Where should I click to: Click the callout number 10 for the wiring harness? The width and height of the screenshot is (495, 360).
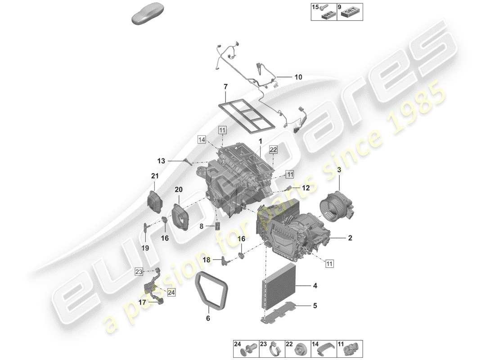coord(298,77)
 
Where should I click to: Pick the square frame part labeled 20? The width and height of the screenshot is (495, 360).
coord(180,217)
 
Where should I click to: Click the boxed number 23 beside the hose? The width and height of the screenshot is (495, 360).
coord(139,271)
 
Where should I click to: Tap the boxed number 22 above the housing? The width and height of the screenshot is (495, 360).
coord(274,149)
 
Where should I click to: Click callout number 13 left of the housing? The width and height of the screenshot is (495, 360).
coord(162,161)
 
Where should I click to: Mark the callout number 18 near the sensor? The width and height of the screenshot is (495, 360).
coord(206,260)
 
